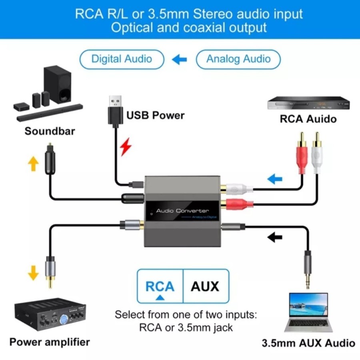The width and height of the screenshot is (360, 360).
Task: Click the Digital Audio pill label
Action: pyautogui.click(x=122, y=59)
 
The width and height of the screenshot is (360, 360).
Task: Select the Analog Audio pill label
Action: pyautogui.click(x=238, y=59)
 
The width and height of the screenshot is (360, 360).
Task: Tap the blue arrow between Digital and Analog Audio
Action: pyautogui.click(x=180, y=60)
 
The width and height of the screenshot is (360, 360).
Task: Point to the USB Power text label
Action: pyautogui.click(x=155, y=116)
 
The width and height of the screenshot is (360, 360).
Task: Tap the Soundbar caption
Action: pyautogui.click(x=50, y=131)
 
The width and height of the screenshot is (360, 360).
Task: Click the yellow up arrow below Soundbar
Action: pyautogui.click(x=33, y=163)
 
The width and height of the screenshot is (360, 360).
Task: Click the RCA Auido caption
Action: pyautogui.click(x=308, y=119)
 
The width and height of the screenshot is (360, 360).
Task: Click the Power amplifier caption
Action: pyautogui.click(x=50, y=342)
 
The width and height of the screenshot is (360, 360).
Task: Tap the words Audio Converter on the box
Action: pyautogui.click(x=182, y=210)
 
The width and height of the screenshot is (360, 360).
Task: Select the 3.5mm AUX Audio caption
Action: pyautogui.click(x=308, y=343)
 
